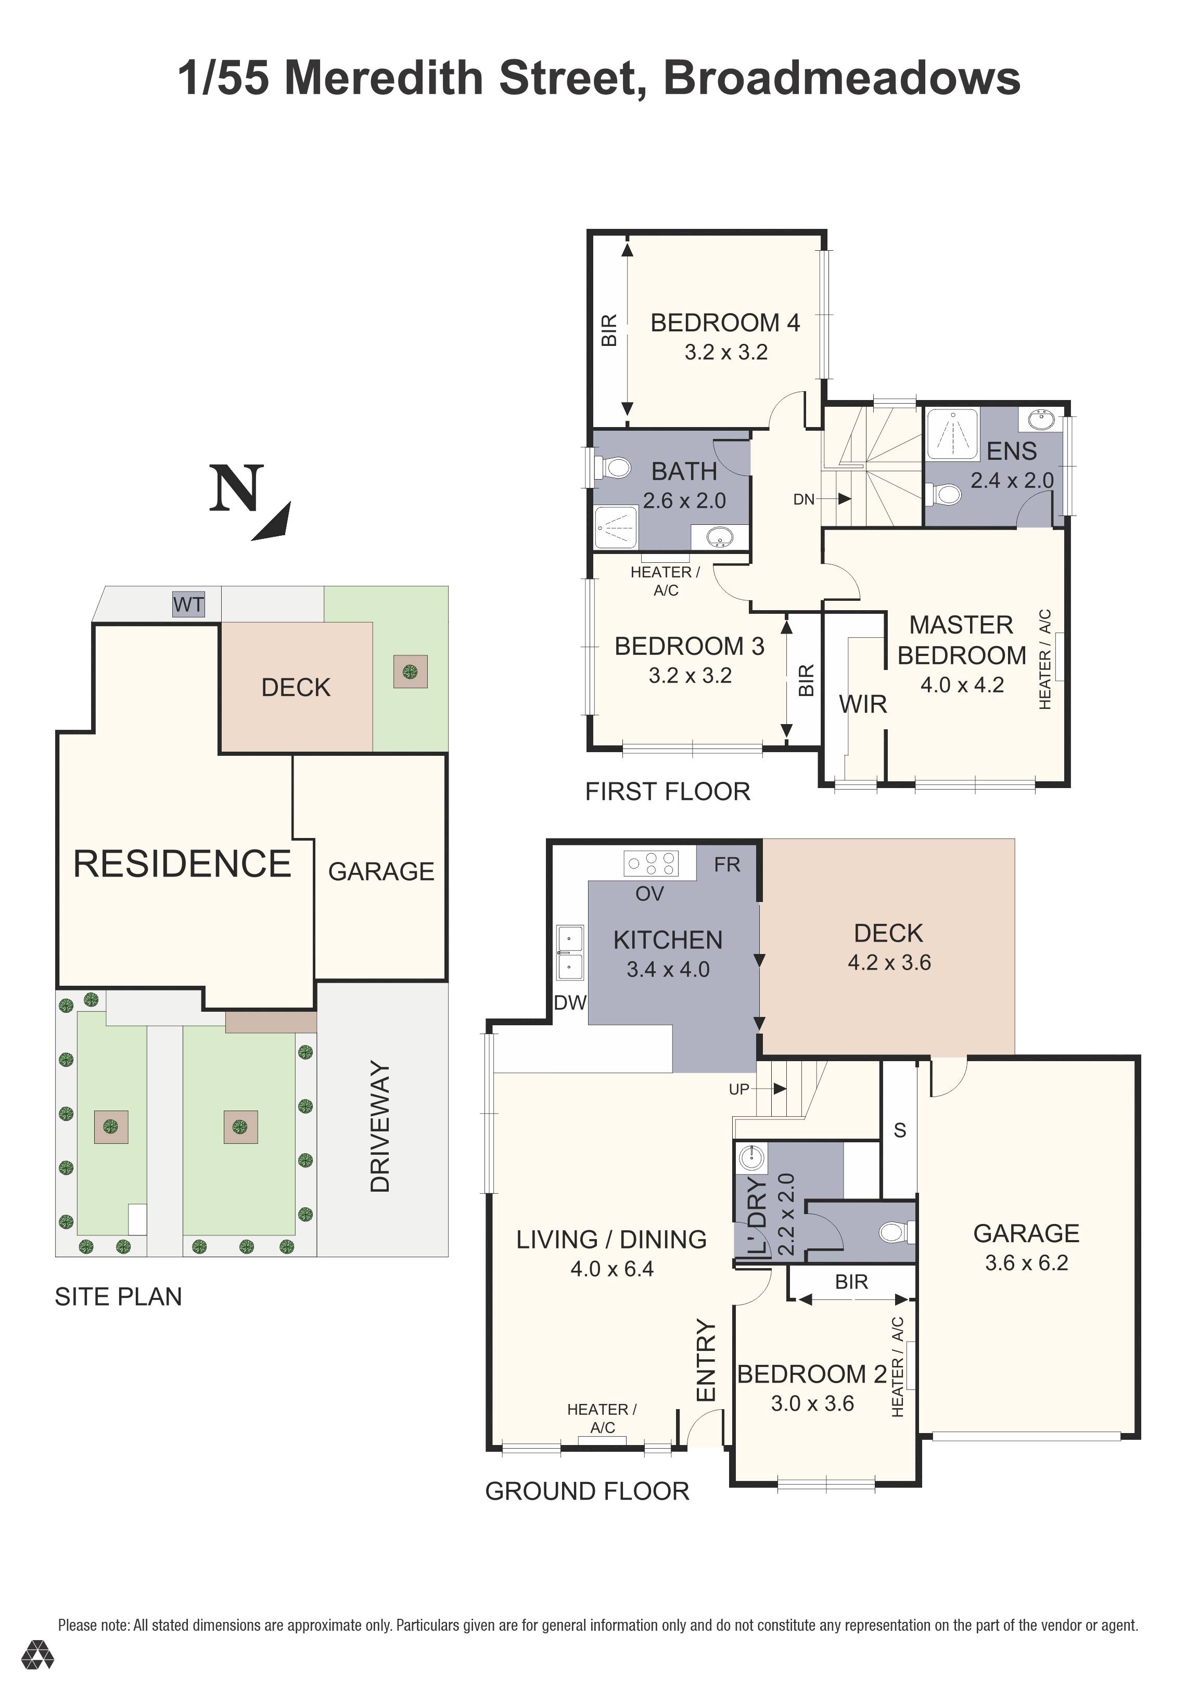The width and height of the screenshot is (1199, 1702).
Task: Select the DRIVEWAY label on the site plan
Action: [380, 1127]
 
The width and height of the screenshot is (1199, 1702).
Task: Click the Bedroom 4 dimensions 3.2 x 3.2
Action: [725, 352]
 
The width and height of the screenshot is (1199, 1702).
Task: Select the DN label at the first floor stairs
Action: [804, 500]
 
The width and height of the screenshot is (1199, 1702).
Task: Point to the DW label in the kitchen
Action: [570, 1003]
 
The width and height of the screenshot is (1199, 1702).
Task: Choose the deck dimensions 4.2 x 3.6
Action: [889, 962]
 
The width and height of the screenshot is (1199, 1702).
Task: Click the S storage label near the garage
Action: [899, 1130]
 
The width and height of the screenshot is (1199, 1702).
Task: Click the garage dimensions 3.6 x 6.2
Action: [1026, 1262]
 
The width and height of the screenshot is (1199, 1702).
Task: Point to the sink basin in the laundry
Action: [752, 1156]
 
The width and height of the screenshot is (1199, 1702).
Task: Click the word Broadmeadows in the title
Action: [841, 78]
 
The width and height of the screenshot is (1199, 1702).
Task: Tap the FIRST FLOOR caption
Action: [667, 792]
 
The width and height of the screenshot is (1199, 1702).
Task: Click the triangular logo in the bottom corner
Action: [37, 1675]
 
